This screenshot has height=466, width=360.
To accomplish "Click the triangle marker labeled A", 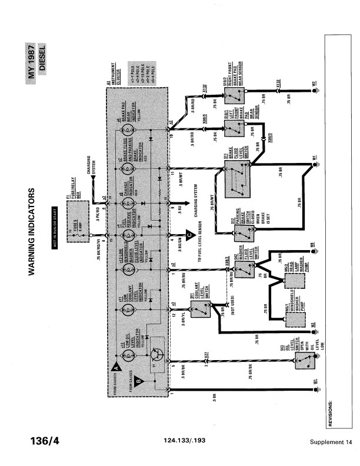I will coord(115,366).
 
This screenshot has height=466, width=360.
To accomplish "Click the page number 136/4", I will coord(44,441).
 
